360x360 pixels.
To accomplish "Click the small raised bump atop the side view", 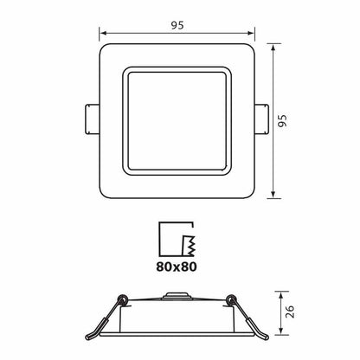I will pyautogui.click(x=177, y=294).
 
